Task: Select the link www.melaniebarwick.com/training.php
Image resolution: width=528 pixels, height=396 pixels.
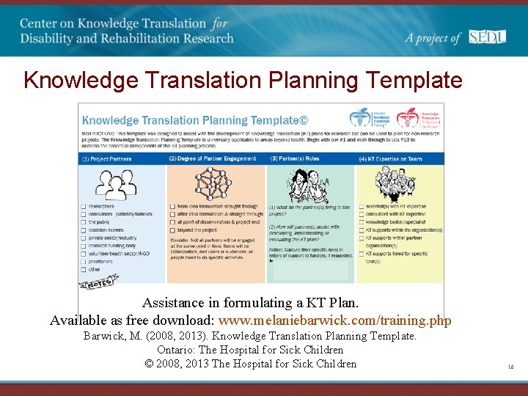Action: (335, 320)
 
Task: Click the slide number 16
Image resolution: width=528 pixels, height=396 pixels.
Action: (510, 365)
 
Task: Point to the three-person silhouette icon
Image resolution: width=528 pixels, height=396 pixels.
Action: (116, 183)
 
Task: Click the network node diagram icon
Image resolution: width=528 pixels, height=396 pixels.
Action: (213, 183)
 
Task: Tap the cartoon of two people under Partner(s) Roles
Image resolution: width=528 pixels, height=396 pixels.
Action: (310, 183)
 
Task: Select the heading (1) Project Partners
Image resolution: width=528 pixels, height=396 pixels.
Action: (107, 158)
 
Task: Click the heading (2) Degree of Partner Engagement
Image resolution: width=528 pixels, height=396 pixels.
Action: (213, 158)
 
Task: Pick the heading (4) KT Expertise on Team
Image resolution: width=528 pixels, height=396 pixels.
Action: (390, 158)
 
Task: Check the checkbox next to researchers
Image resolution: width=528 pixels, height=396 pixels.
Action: (83, 207)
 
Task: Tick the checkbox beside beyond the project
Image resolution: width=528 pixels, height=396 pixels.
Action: (172, 230)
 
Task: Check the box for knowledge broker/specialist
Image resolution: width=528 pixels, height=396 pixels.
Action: (361, 222)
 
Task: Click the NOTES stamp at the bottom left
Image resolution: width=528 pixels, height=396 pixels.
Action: (100, 282)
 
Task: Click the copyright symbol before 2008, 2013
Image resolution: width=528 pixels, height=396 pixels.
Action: (149, 364)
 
